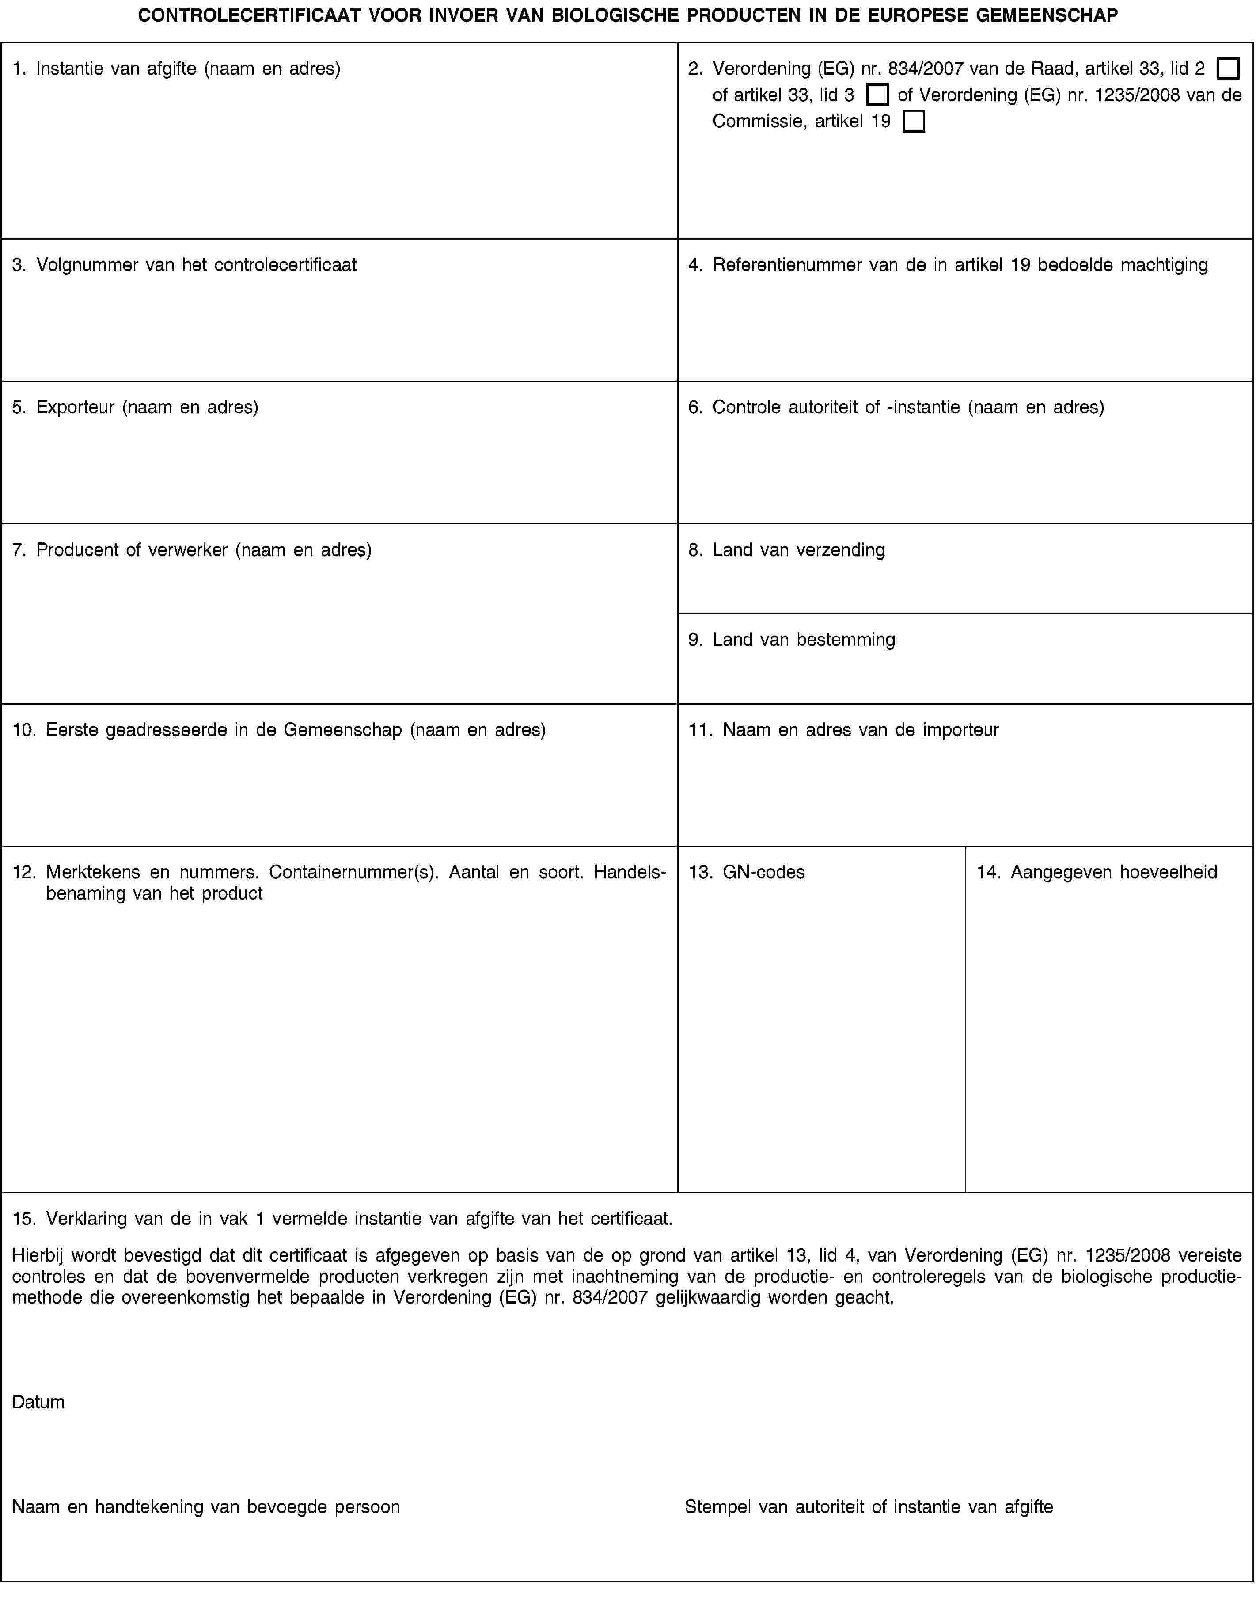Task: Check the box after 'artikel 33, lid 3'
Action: coord(877,95)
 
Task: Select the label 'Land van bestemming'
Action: coord(804,639)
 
